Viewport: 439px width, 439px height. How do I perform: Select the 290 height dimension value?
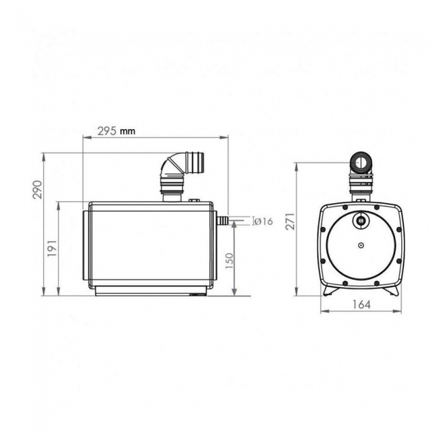tap(38, 189)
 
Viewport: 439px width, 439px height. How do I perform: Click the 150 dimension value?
tap(229, 260)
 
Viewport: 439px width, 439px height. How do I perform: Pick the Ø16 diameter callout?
tap(262, 221)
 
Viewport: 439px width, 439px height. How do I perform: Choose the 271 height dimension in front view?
tap(290, 221)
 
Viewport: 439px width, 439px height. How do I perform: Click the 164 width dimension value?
tap(362, 305)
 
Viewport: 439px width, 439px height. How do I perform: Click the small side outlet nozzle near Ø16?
tap(221, 220)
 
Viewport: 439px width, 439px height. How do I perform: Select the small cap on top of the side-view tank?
tap(194, 200)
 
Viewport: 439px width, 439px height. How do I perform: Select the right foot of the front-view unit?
tap(392, 289)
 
